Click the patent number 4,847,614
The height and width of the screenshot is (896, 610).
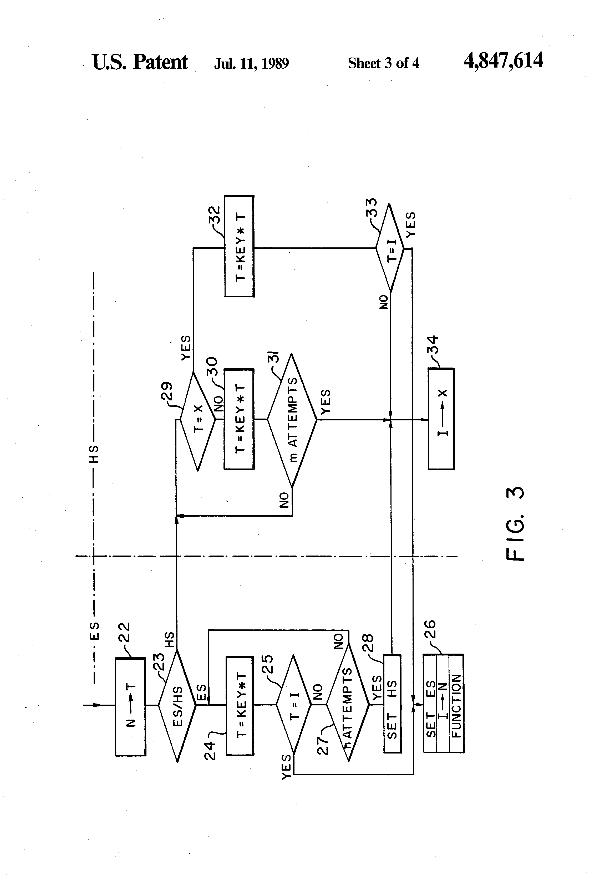point(503,61)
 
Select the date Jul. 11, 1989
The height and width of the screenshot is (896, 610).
point(251,63)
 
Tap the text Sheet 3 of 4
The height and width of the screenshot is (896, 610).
point(383,63)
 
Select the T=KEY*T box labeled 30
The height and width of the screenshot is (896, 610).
point(239,419)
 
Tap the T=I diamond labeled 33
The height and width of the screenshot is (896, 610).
point(390,248)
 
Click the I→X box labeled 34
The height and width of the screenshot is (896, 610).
point(441,419)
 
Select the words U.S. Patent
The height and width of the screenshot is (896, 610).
point(140,62)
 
